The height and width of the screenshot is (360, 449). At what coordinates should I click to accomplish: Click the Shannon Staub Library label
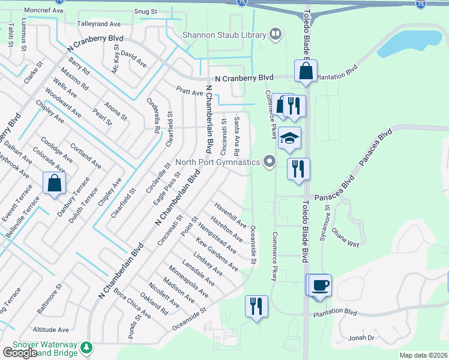pyautogui.click(x=224, y=35)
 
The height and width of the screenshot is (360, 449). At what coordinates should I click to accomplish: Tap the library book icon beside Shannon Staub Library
pyautogui.click(x=276, y=34)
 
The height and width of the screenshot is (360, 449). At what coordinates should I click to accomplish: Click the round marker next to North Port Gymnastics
pyautogui.click(x=270, y=161)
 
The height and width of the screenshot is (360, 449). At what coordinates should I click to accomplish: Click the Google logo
pyautogui.click(x=20, y=352)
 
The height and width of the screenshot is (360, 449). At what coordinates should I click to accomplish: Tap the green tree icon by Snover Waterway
pyautogui.click(x=87, y=347)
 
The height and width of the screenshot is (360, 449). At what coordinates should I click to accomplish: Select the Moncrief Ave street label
pyautogui.click(x=45, y=11)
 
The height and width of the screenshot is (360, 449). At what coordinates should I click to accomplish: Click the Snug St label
pyautogui.click(x=145, y=11)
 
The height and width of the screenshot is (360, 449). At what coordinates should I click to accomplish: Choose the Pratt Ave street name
pyautogui.click(x=190, y=92)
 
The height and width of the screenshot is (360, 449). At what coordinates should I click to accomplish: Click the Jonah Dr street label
pyautogui.click(x=363, y=338)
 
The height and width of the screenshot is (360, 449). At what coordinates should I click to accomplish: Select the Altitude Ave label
pyautogui.click(x=51, y=329)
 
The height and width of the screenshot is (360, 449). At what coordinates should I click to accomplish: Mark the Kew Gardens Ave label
pyautogui.click(x=217, y=254)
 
